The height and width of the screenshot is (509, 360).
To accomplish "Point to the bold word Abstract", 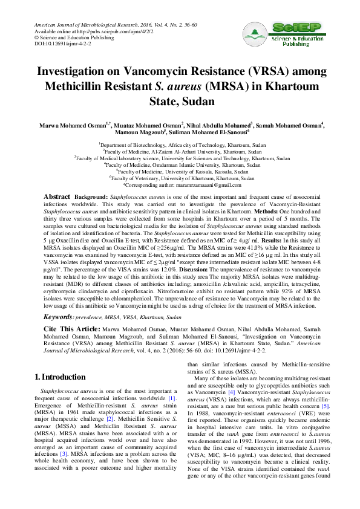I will coord(57,198).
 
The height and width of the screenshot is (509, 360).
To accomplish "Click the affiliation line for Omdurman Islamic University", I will coord(183,165).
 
